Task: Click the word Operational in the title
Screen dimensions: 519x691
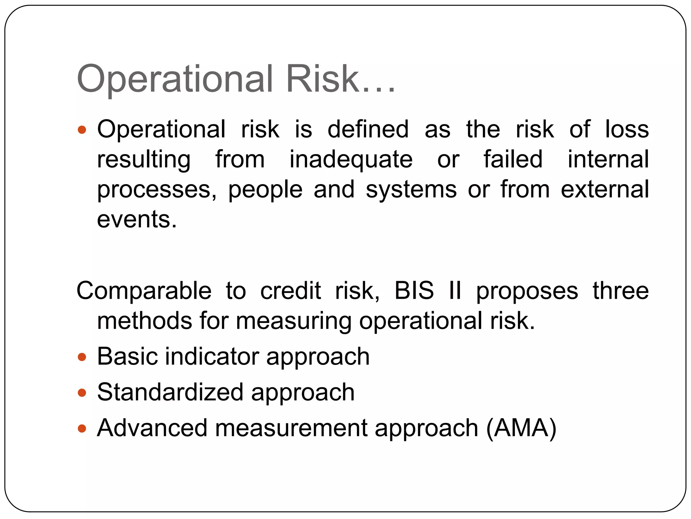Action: tap(174, 79)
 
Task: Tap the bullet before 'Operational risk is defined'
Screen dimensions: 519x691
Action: tap(82, 130)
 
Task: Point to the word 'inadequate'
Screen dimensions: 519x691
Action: tap(351, 159)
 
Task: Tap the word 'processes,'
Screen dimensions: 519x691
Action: tap(157, 190)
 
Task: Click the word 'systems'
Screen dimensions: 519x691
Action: tap(411, 190)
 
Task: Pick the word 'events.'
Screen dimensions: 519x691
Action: tap(137, 219)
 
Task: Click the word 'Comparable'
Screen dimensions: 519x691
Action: tap(144, 291)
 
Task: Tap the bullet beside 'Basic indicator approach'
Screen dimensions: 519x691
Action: tap(82, 357)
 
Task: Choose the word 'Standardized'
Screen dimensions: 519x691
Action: tap(170, 392)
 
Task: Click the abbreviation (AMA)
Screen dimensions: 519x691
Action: tap(521, 428)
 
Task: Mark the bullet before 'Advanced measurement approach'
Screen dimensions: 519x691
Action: tap(82, 429)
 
